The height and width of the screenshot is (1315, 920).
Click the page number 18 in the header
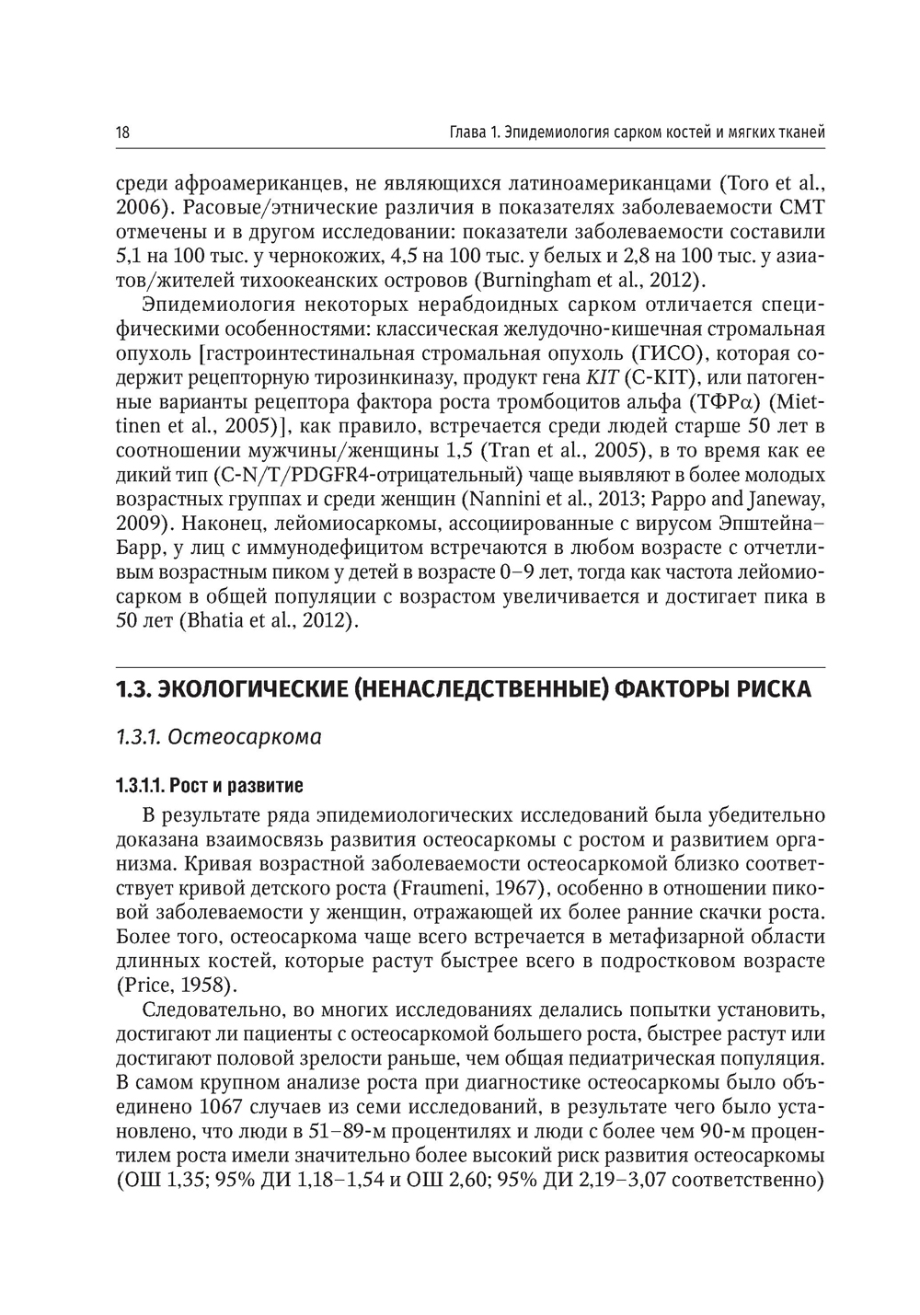[x=122, y=133]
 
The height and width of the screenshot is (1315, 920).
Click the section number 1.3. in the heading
[x=132, y=689]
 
